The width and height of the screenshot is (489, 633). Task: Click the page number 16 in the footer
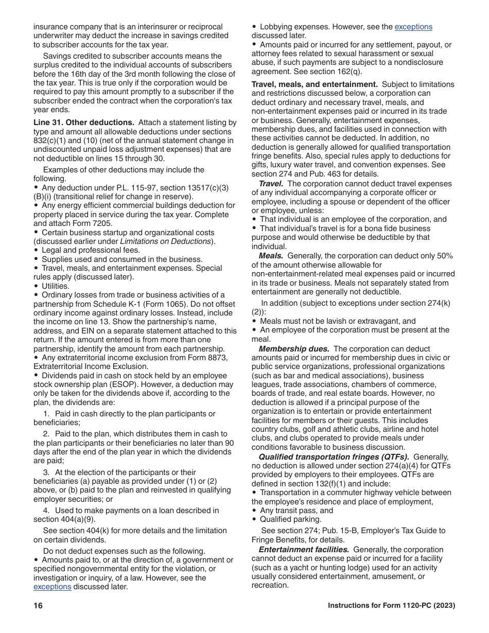click(38, 606)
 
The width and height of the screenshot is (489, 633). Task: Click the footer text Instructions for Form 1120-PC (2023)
click(391, 606)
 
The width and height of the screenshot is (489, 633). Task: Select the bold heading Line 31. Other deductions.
click(84, 122)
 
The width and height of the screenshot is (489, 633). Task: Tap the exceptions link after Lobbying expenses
click(413, 27)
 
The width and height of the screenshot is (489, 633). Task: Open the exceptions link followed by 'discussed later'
click(52, 587)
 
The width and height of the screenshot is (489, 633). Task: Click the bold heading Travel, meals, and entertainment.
click(315, 84)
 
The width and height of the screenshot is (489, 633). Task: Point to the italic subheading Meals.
click(271, 256)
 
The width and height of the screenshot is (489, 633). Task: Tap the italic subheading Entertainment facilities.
click(304, 550)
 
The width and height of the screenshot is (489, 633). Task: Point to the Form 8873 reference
click(211, 358)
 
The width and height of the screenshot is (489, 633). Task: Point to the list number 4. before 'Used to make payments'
click(46, 511)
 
